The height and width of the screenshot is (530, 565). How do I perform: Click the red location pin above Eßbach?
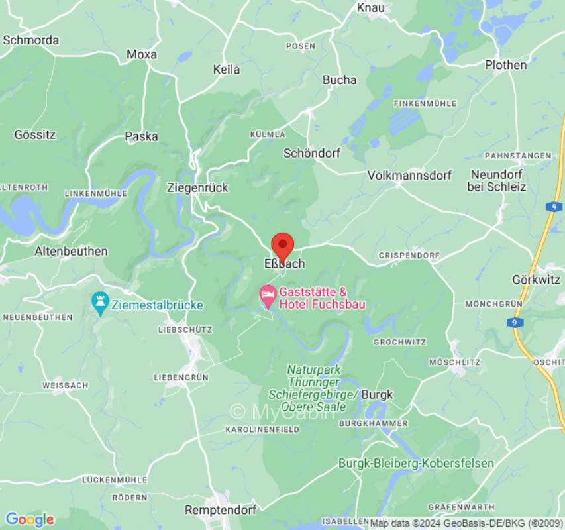pyautogui.click(x=283, y=246)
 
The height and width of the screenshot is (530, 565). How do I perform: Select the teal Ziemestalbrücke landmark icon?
pyautogui.click(x=100, y=303)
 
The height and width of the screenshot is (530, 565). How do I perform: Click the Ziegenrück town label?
pyautogui.click(x=197, y=187)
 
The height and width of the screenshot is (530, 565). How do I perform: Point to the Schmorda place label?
pyautogui.click(x=30, y=40)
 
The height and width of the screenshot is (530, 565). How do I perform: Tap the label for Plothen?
pyautogui.click(x=505, y=65)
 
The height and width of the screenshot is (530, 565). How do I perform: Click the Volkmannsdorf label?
pyautogui.click(x=409, y=176)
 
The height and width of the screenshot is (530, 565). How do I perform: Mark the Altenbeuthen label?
pyautogui.click(x=71, y=251)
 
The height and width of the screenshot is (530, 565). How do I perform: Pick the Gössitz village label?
pyautogui.click(x=35, y=134)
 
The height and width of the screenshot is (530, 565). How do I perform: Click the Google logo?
pyautogui.click(x=29, y=519)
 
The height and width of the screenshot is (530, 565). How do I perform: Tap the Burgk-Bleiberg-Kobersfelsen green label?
pyautogui.click(x=416, y=463)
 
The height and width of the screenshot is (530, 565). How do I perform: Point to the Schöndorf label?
pyautogui.click(x=311, y=153)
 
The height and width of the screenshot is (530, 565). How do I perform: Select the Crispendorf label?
pyautogui.click(x=409, y=255)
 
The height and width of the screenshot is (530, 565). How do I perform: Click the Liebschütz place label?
pyautogui.click(x=185, y=329)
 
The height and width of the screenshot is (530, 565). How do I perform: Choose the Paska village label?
pyautogui.click(x=141, y=136)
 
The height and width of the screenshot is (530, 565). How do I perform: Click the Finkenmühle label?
pyautogui.click(x=425, y=104)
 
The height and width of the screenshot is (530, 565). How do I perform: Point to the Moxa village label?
pyautogui.click(x=141, y=54)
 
